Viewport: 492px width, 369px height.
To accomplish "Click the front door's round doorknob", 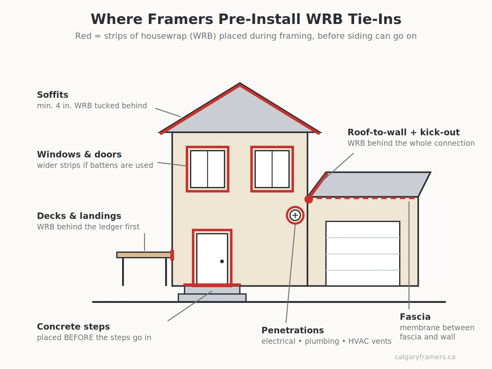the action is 222,261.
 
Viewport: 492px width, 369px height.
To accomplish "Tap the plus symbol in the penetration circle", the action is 295,215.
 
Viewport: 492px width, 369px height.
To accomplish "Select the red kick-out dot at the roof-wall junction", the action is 309,199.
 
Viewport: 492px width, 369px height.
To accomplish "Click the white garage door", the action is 363,253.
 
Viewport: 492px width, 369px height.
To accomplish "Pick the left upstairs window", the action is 208,169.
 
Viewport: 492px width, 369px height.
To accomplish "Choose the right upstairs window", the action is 272,169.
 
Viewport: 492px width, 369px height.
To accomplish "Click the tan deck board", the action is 144,255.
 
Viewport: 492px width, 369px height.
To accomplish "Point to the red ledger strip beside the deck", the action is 172,255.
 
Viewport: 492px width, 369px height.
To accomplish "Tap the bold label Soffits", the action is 53,95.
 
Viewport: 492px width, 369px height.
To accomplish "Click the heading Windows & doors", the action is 79,154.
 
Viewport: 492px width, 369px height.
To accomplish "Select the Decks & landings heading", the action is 79,216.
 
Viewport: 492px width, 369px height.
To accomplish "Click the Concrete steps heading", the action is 73,327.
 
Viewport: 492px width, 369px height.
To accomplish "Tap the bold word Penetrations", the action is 292,330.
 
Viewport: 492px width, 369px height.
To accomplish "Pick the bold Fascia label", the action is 415,317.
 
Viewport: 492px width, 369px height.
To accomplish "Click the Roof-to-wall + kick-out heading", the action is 403,132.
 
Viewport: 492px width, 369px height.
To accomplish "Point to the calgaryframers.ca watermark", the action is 425,357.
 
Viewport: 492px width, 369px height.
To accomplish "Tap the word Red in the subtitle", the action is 83,36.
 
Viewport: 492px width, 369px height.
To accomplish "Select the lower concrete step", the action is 212,298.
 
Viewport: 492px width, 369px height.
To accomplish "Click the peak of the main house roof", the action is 240,84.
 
